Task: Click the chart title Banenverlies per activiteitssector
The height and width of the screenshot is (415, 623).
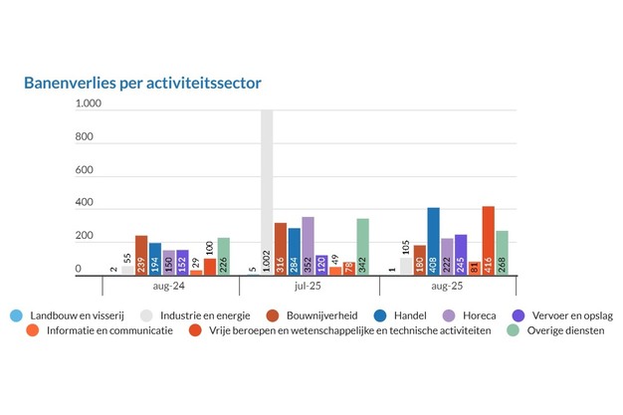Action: (142, 83)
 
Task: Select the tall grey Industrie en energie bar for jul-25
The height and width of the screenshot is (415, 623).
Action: (267, 179)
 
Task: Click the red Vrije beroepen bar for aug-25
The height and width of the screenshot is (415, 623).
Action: (488, 240)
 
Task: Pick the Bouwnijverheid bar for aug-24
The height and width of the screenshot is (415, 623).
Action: (141, 255)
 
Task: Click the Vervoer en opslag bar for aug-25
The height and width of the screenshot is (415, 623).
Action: (461, 255)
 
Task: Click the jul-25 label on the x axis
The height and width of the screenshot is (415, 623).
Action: (309, 287)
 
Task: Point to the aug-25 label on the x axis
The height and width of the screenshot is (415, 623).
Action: (448, 287)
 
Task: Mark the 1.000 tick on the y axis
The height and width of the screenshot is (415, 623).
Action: (89, 104)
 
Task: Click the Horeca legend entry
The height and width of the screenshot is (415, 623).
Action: (475, 315)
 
